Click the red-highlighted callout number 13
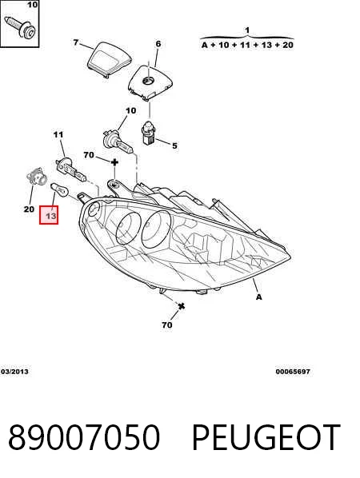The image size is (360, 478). (x=50, y=216)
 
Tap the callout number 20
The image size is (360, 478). (x=29, y=209)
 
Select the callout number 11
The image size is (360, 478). (x=58, y=134)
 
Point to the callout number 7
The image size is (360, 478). (x=76, y=42)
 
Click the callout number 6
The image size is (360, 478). (x=158, y=44)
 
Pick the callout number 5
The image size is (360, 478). (x=174, y=145)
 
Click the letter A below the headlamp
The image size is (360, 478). (x=258, y=297)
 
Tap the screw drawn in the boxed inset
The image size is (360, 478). (x=21, y=26)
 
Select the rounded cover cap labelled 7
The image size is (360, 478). (x=110, y=59)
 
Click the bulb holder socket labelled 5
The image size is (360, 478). (x=150, y=133)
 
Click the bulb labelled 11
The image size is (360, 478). (x=70, y=169)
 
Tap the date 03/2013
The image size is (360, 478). (x=14, y=372)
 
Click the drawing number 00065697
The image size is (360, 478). (x=293, y=372)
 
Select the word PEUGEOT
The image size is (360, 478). (x=266, y=437)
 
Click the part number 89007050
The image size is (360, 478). (x=84, y=437)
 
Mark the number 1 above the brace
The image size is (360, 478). (x=247, y=30)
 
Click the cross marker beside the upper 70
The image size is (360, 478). (x=114, y=162)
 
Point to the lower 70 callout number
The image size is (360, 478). (x=167, y=325)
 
